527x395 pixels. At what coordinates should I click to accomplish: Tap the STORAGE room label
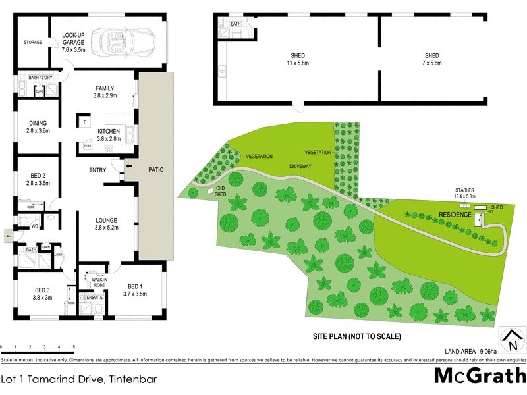(33, 42)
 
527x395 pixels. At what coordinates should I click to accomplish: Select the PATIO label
(156, 169)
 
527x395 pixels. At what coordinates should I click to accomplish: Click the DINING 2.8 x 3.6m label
(38, 126)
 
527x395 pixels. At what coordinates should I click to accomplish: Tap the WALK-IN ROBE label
(91, 282)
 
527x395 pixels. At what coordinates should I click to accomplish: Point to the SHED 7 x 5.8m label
(432, 59)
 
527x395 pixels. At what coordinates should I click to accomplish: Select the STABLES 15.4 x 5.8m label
(464, 193)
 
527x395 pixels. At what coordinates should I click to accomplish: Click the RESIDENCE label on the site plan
(456, 215)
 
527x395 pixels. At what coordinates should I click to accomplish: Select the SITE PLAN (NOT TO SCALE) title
(356, 336)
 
